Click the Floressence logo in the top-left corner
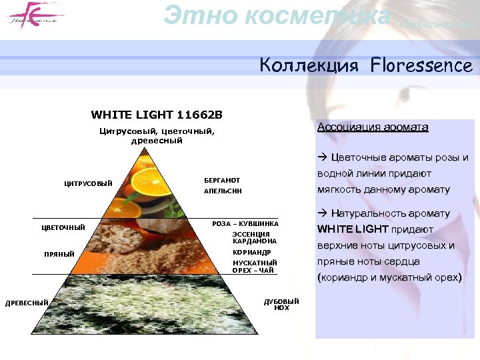tap(32, 15)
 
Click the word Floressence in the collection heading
tap(422, 66)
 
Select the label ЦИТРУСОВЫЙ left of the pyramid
tap(88, 184)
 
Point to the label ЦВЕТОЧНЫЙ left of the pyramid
tap(63, 227)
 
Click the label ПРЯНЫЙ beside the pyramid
tap(59, 254)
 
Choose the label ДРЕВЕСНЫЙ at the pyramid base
tap(27, 303)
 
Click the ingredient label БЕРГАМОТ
tap(222, 181)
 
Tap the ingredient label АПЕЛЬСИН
tap(223, 191)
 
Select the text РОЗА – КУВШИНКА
tap(245, 224)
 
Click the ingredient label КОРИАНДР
tap(251, 253)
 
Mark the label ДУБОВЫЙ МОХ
tap(281, 305)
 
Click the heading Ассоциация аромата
tap(373, 127)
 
